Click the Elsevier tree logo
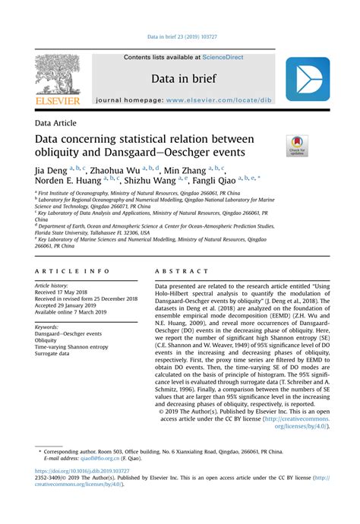tap(57, 78)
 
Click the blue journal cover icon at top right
tap(307, 80)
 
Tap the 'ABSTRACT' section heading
tap(181, 270)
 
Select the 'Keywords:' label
tap(52, 327)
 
